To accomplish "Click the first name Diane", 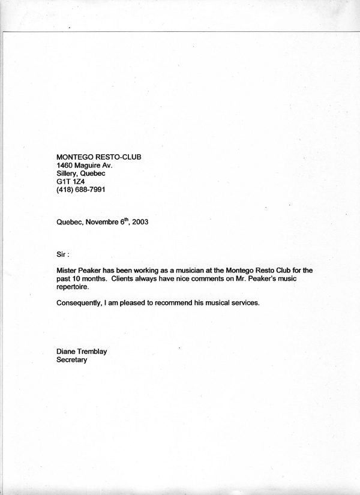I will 67,352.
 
